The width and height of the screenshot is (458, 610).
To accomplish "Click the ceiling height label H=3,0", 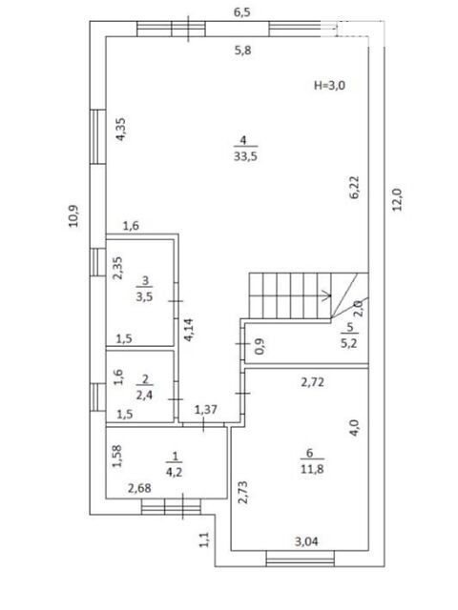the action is point(329,85).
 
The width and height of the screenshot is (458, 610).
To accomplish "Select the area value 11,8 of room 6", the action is point(312,469).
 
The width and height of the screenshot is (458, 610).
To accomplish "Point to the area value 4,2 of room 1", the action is point(174,472).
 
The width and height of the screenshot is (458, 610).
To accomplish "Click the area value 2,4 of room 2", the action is point(144,396).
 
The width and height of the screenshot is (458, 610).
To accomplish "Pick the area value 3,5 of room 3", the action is point(144,296).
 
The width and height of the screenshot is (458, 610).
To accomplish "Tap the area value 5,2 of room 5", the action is point(349,343).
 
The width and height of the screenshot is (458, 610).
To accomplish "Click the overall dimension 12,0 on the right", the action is point(397,199).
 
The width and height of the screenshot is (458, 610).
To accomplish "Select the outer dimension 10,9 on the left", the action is point(73,216).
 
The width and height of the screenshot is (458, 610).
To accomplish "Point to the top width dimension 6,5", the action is point(241,12).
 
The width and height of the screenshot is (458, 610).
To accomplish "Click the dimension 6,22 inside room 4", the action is point(354,188).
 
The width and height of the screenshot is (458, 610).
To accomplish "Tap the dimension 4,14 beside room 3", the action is point(189,330).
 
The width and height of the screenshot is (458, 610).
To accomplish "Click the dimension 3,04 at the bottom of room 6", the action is point(306,541).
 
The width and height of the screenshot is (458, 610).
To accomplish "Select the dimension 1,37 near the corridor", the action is point(206,409).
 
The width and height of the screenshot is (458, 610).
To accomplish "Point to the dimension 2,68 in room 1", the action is point(139,487).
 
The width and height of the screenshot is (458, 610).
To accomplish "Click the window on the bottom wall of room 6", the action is point(301,559).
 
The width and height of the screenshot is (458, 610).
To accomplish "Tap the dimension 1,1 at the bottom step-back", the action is point(205,539).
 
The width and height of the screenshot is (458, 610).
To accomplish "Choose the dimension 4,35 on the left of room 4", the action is point(120,130).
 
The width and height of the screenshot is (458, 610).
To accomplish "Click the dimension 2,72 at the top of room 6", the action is point(312,382).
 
